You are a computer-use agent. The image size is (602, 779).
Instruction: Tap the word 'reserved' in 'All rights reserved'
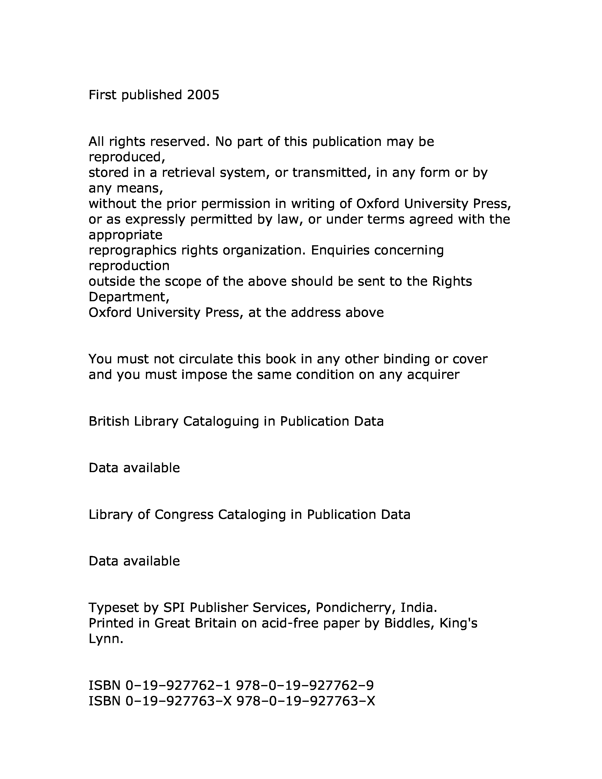pos(178,142)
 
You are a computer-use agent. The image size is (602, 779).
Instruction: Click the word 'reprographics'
pos(132,250)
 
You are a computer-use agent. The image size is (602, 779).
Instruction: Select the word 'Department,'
pos(129,297)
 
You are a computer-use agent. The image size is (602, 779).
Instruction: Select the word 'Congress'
pos(184,514)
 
